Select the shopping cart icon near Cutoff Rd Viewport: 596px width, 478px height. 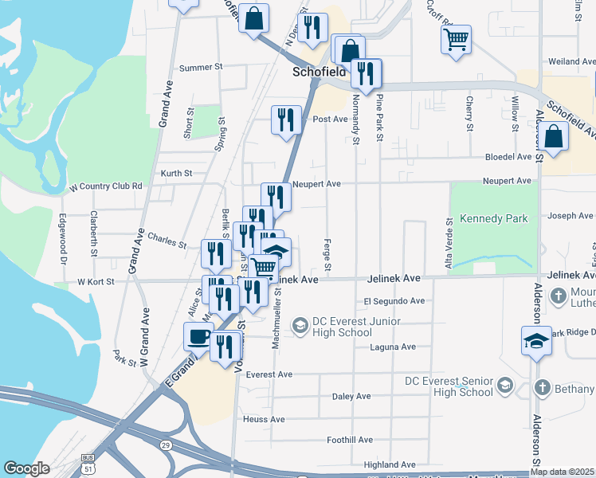point(456,40)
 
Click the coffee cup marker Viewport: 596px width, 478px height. point(198,336)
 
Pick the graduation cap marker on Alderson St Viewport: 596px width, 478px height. point(536,341)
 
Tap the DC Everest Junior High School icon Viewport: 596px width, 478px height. point(300,325)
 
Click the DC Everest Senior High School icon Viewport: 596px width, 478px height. point(504,386)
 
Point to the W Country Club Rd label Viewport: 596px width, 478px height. point(106,186)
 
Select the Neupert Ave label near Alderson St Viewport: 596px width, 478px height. point(507,182)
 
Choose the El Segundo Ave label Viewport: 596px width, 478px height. point(394,301)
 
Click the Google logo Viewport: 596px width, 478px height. point(26,468)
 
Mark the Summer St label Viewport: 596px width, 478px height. point(201,68)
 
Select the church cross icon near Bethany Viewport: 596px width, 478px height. point(542,388)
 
